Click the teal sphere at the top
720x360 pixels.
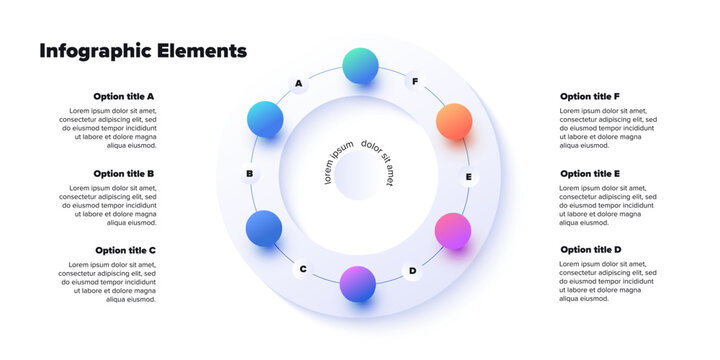point(360,66)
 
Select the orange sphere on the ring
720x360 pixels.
point(454,121)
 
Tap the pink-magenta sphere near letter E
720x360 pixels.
point(453,231)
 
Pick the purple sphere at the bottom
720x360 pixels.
point(358,284)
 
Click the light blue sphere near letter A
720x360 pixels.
point(265,119)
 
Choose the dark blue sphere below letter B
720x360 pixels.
point(264,228)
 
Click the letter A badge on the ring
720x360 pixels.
point(299,84)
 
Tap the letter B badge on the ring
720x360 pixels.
point(250,174)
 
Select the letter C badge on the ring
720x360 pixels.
point(303,268)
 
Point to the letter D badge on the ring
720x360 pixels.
point(412,270)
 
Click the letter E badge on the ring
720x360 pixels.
point(468,178)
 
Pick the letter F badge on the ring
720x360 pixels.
point(415,81)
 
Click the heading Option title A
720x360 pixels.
point(124,97)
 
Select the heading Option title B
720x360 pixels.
point(124,173)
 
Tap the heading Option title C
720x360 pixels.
point(125,250)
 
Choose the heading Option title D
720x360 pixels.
point(591,250)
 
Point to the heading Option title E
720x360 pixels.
point(590,173)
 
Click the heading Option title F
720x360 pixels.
point(590,97)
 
